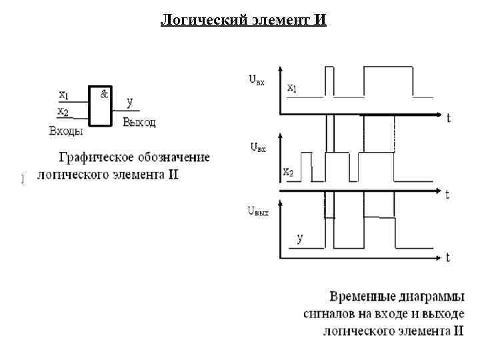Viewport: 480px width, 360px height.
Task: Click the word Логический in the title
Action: click(193, 20)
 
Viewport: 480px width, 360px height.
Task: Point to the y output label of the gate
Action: click(129, 102)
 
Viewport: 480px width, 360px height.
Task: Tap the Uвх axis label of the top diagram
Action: click(257, 80)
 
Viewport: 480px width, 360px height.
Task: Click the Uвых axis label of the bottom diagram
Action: click(259, 211)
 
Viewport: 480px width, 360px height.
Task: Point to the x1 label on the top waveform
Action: click(293, 87)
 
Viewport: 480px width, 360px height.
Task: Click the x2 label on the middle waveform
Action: click(288, 173)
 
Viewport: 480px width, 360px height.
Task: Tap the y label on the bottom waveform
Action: click(299, 238)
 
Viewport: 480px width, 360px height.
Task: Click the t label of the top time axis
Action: click(449, 119)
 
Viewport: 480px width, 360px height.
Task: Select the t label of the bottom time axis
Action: click(448, 257)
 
